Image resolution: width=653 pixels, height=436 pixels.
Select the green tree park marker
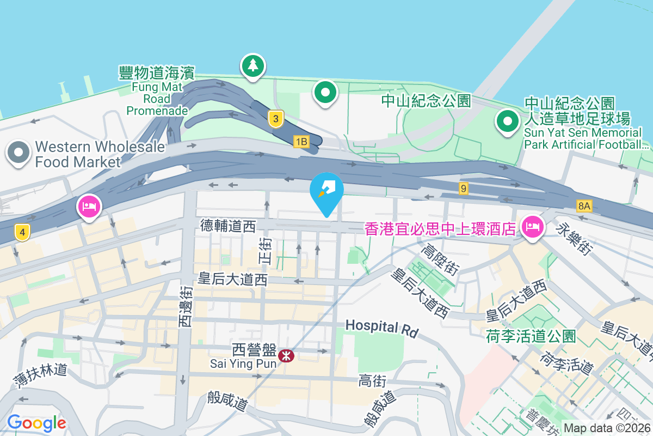252,66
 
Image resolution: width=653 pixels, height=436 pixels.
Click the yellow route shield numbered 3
276,119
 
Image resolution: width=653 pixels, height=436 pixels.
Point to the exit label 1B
301,142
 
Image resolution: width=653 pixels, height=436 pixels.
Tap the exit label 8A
584,205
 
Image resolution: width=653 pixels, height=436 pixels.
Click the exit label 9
463,189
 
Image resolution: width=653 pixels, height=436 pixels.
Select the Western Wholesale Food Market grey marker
19,153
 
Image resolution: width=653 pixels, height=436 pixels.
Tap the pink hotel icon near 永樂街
532,226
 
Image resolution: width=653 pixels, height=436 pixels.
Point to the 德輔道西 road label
228,226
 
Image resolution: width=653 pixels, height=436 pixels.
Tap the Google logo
36,422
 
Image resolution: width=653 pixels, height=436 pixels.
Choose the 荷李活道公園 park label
531,336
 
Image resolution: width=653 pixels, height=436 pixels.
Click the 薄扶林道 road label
41,376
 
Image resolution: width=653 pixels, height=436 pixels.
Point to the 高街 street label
372,381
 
